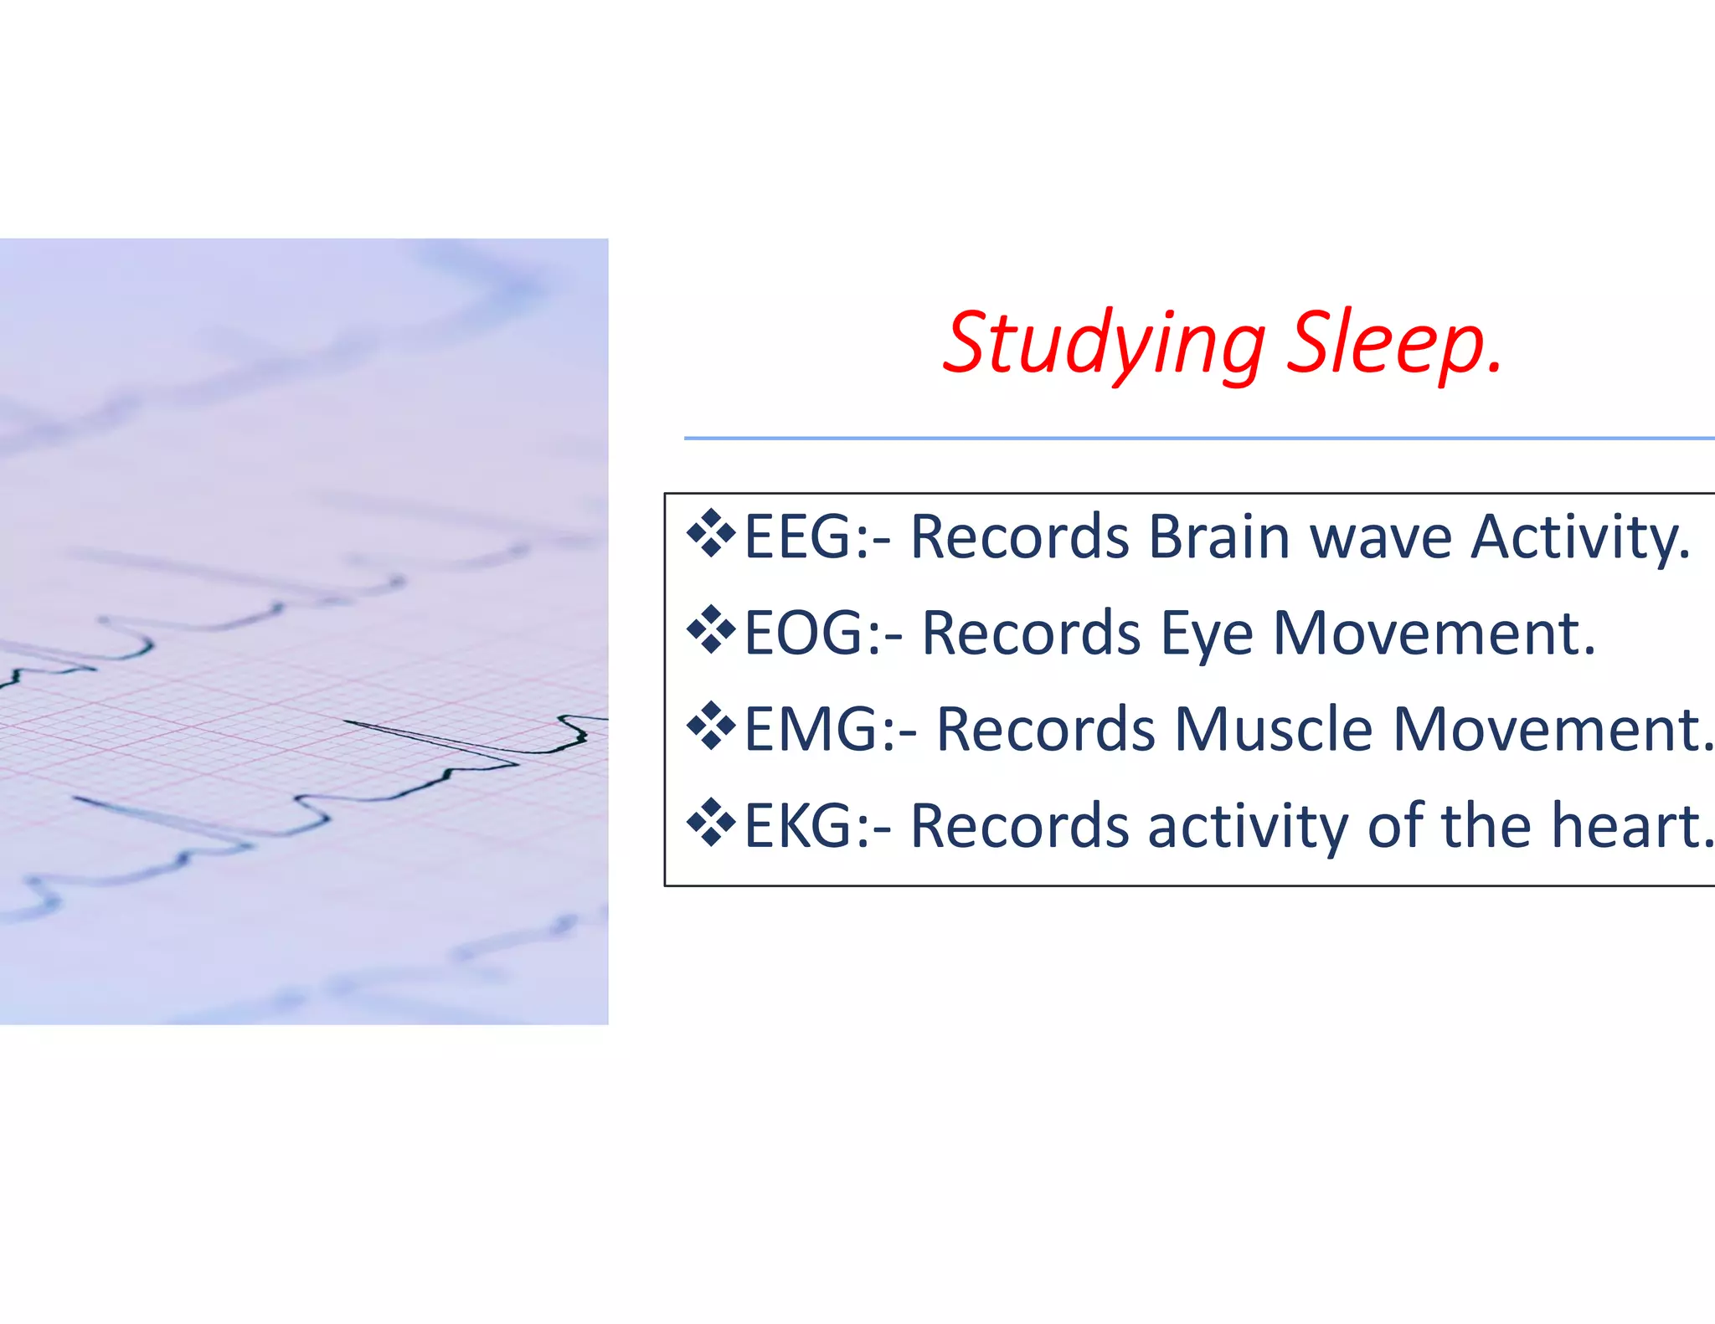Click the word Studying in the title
1104,343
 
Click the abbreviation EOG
802,633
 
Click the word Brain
1218,536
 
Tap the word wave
1381,536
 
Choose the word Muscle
1273,729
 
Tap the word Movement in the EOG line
1433,633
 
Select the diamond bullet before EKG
711,823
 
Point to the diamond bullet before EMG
711,726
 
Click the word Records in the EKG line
1019,826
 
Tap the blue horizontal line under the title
1197,438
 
